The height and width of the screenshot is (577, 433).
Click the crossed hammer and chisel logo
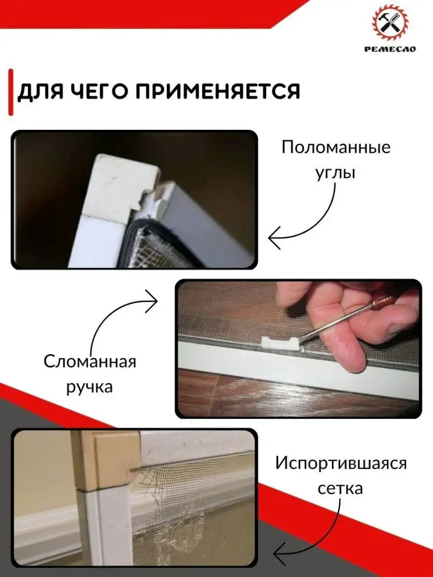click(x=390, y=23)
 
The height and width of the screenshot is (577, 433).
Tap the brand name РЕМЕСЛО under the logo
click(x=390, y=49)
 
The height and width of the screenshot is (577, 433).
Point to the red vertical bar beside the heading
click(x=11, y=92)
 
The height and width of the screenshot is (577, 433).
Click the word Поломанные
click(x=336, y=148)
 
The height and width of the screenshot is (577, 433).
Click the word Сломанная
click(x=89, y=362)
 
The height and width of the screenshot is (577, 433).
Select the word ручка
click(x=89, y=388)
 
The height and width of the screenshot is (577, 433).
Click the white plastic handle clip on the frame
click(x=280, y=344)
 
